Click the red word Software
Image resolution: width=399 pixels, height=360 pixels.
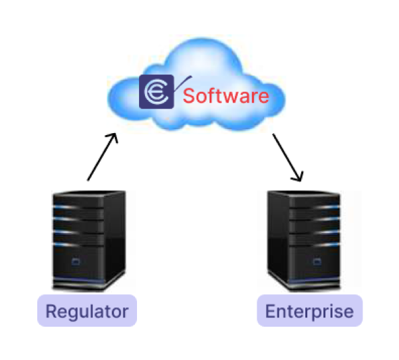pyautogui.click(x=226, y=96)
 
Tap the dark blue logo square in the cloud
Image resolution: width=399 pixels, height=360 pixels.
pyautogui.click(x=156, y=92)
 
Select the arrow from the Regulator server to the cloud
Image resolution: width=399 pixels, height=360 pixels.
pyautogui.click(x=102, y=156)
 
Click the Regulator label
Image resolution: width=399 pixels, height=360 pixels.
pyautogui.click(x=87, y=311)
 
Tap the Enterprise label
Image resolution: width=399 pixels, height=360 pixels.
pyautogui.click(x=309, y=311)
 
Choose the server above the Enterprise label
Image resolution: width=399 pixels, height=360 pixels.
pyautogui.click(x=303, y=240)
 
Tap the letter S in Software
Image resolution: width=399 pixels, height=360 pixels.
pyautogui.click(x=189, y=96)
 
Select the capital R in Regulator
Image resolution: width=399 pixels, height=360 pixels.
pyautogui.click(x=52, y=311)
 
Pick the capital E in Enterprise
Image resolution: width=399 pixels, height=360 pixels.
pyautogui.click(x=270, y=311)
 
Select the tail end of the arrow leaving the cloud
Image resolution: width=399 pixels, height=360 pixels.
pyautogui.click(x=276, y=137)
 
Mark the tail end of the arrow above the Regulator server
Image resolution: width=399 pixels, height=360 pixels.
pyautogui.click(x=88, y=180)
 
